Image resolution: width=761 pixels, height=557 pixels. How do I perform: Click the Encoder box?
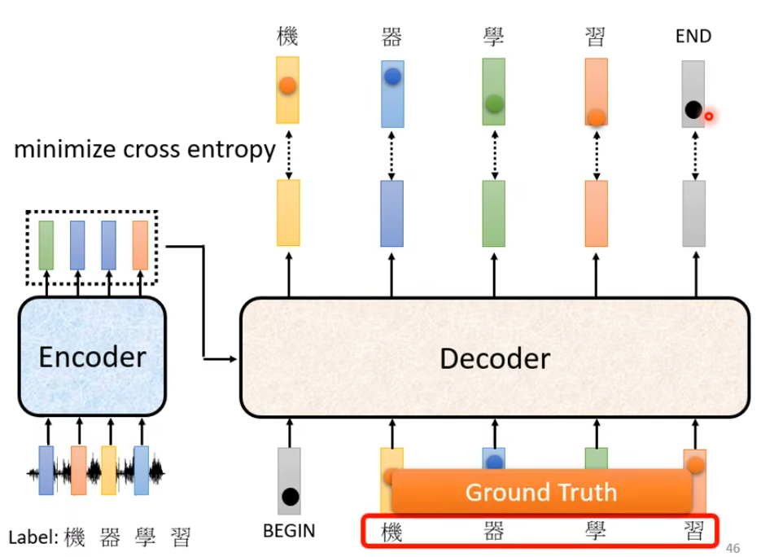tap(92, 357)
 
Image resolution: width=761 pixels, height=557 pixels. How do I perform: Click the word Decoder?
tap(494, 358)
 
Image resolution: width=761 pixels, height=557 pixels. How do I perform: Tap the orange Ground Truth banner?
tap(541, 492)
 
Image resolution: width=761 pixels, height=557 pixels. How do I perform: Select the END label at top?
tap(693, 36)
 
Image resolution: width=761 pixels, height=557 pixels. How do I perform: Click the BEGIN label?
tap(289, 532)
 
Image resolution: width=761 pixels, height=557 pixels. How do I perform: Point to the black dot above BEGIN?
tap(289, 496)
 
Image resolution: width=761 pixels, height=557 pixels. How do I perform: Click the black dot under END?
tap(693, 109)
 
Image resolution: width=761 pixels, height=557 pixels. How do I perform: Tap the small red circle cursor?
tap(709, 116)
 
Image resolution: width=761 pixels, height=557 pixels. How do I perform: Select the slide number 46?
tap(733, 547)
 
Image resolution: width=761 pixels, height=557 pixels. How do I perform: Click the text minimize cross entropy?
tap(145, 150)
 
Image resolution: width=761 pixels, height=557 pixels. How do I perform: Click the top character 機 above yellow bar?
tap(287, 36)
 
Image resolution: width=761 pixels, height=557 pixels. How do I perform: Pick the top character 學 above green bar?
tap(493, 36)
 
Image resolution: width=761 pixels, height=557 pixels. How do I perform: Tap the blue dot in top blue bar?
tap(392, 77)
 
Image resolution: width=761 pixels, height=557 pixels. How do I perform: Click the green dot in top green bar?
tap(493, 103)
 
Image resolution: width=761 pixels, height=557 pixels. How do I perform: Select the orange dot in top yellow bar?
tap(287, 85)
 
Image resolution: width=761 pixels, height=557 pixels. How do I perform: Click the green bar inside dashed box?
tap(46, 245)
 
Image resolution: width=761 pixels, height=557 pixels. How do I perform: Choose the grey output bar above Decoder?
tap(694, 213)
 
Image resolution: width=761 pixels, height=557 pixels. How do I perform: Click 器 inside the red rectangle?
tap(493, 533)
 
